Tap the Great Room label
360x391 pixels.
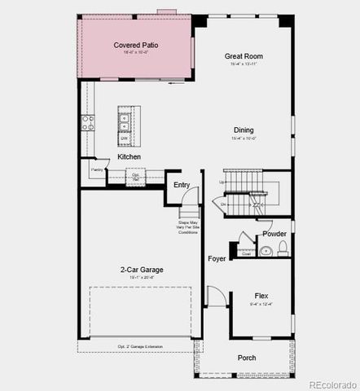pyautogui.click(x=244, y=56)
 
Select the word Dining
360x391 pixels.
pyautogui.click(x=244, y=130)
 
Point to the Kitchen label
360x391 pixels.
pyautogui.click(x=129, y=156)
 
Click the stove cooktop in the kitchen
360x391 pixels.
pyautogui.click(x=87, y=122)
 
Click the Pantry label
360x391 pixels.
pyautogui.click(x=97, y=170)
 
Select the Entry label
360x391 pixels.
pyautogui.click(x=182, y=185)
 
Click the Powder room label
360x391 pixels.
pyautogui.click(x=274, y=233)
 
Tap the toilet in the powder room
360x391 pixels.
pyautogui.click(x=283, y=250)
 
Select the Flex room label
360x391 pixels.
pyautogui.click(x=261, y=296)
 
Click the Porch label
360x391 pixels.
pyautogui.click(x=246, y=358)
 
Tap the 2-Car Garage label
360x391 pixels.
pyautogui.click(x=141, y=269)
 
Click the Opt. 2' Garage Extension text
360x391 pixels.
pyautogui.click(x=140, y=347)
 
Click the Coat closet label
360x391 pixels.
pyautogui.click(x=246, y=253)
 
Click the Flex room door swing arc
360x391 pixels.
pyautogui.click(x=214, y=296)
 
